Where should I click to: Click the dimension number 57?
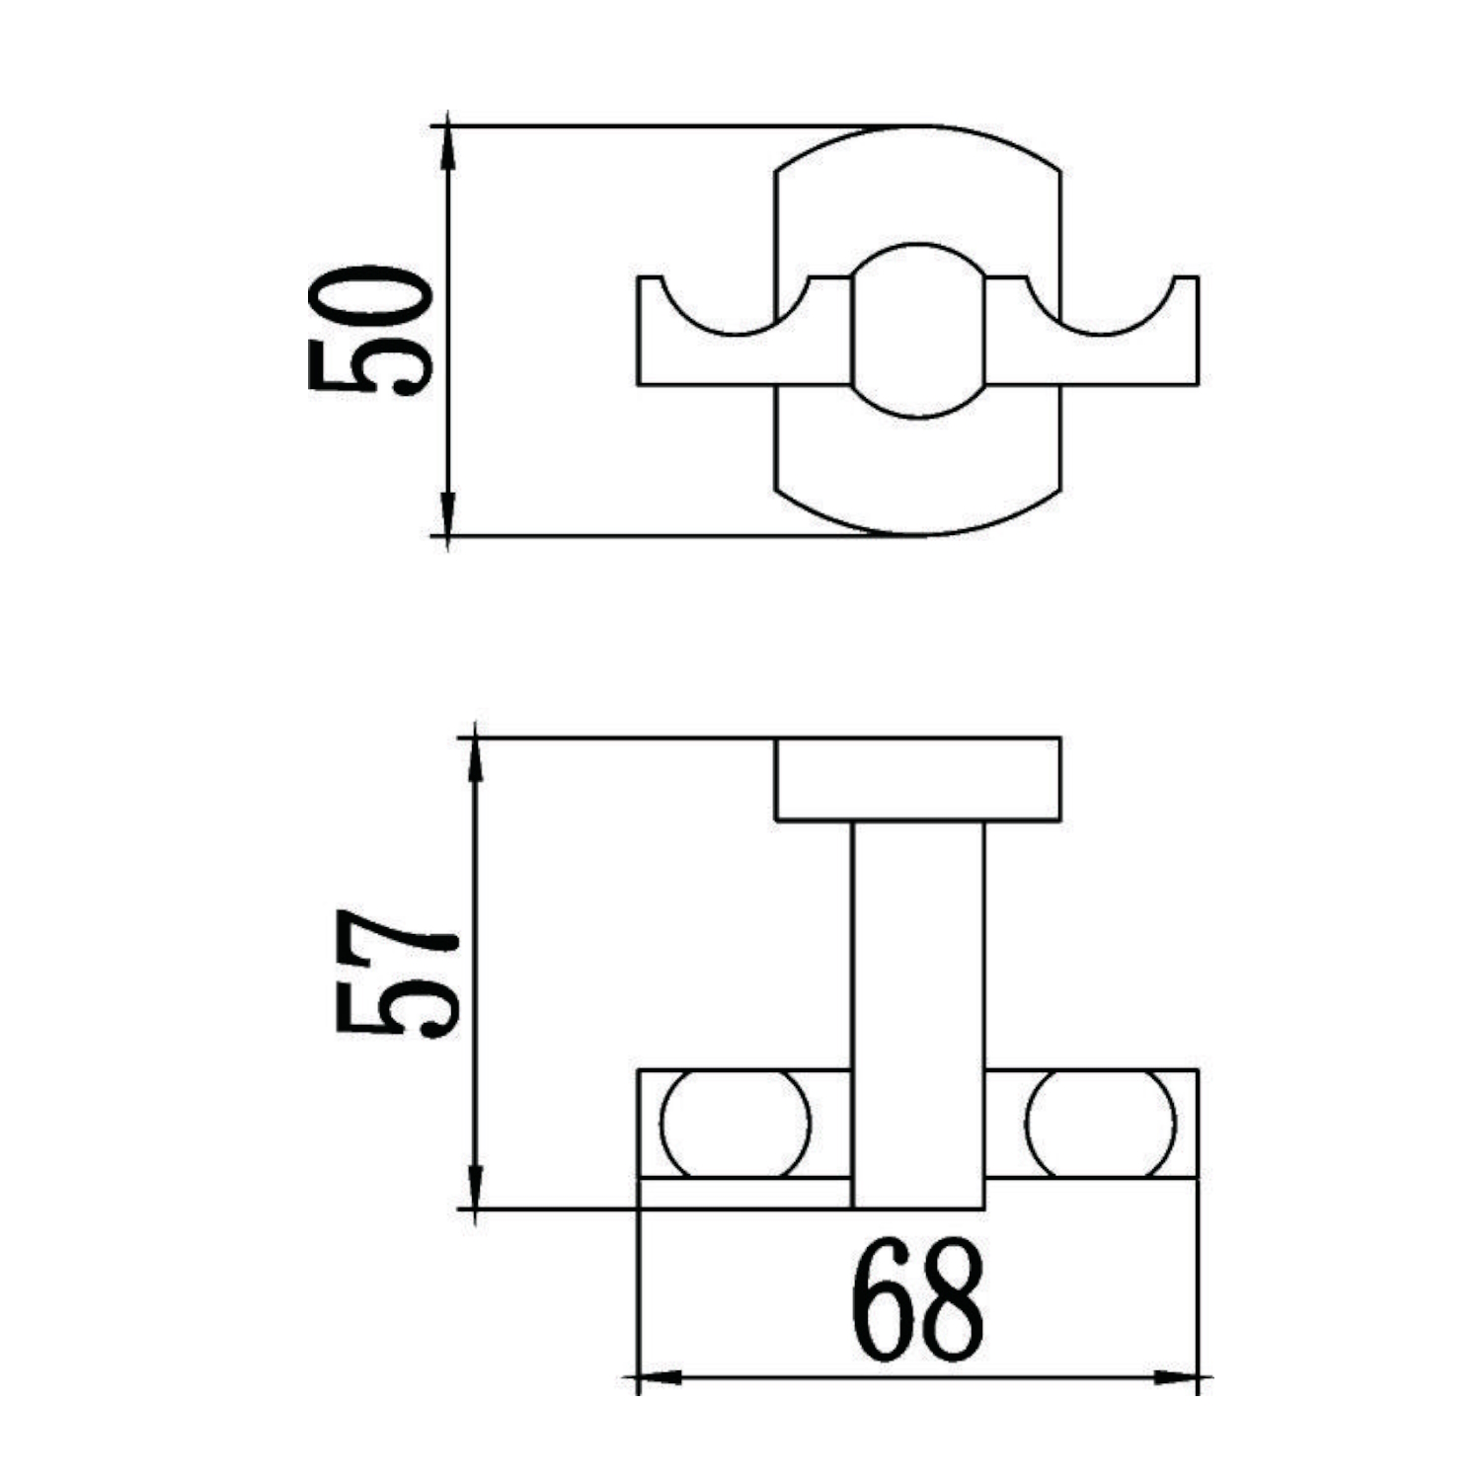397,973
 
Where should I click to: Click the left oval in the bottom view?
736,1124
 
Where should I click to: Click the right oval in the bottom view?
1101,1124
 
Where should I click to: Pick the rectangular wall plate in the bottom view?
918,779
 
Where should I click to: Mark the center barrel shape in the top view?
918,331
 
